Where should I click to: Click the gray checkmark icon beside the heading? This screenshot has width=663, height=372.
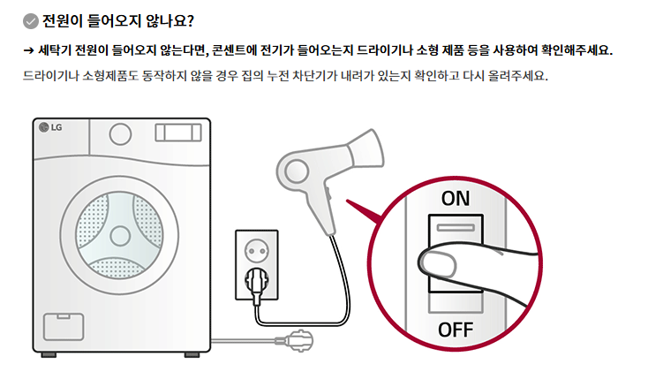click(x=30, y=21)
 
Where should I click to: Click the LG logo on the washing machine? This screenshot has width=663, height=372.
click(x=50, y=127)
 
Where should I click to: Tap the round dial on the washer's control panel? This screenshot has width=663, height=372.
click(x=120, y=134)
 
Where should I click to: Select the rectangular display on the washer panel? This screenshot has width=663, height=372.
click(x=178, y=133)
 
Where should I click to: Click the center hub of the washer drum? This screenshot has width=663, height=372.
click(x=120, y=236)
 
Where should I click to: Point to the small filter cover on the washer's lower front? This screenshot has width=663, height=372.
click(x=64, y=326)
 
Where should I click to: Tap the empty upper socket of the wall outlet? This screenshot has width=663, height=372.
click(x=256, y=251)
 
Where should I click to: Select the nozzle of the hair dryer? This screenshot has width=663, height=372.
click(x=365, y=149)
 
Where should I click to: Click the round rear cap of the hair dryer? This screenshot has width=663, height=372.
click(x=296, y=171)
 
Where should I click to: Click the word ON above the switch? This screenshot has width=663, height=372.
click(x=455, y=199)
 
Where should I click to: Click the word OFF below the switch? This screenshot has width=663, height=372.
click(x=456, y=330)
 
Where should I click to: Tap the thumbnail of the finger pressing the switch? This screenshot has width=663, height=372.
click(x=439, y=264)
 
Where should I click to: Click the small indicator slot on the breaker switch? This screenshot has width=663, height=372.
click(x=456, y=228)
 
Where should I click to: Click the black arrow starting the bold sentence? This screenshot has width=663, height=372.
click(x=28, y=50)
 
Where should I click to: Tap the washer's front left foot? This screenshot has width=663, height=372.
click(x=49, y=354)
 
